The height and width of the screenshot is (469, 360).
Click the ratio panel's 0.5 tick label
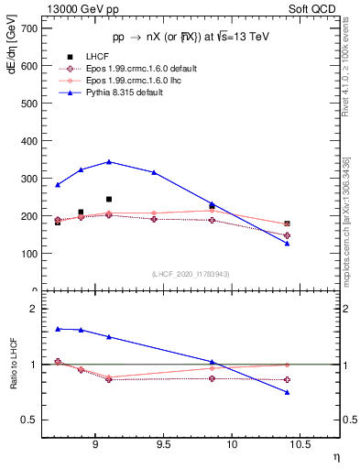[x=30, y=420]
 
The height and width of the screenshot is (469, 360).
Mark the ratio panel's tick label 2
[x=35, y=310]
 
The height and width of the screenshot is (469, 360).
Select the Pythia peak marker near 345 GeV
[x=109, y=161]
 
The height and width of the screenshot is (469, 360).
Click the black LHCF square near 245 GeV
[x=109, y=199]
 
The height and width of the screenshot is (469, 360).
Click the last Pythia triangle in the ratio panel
[x=287, y=392]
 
